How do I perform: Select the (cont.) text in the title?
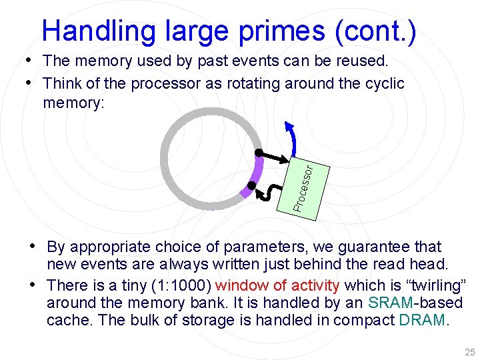tap(378, 31)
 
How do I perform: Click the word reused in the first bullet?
tap(357, 61)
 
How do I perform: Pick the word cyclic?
tap(383, 84)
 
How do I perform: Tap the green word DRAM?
tap(422, 320)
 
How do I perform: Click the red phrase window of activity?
tap(279, 286)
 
